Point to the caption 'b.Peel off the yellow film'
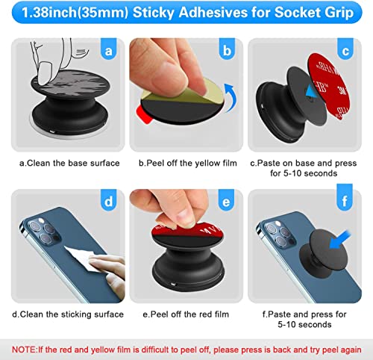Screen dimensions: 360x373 click(x=186, y=162)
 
